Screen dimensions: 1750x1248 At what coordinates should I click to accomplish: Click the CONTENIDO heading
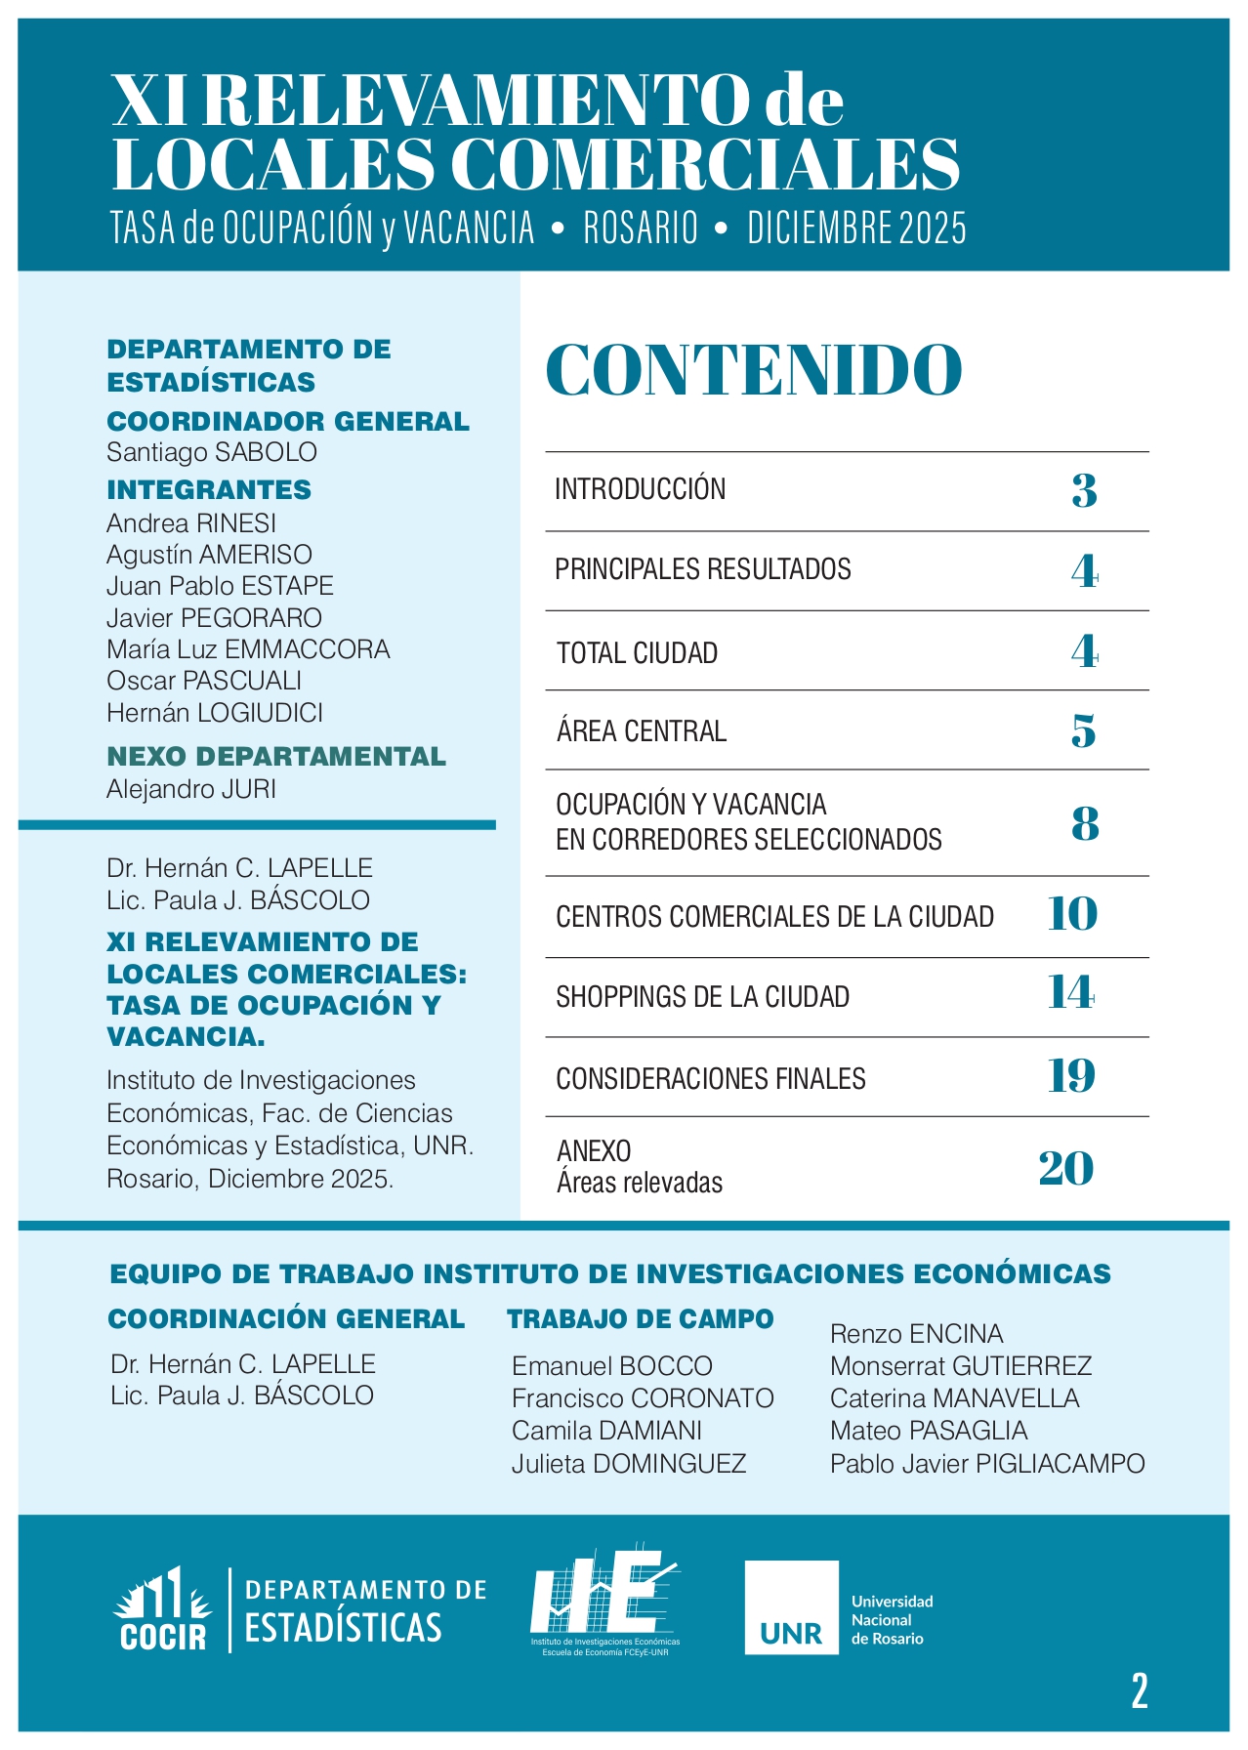coord(753,370)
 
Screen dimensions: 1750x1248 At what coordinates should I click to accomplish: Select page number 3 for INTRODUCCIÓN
coord(1084,490)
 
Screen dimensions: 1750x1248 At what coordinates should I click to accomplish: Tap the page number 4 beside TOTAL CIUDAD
coord(1084,651)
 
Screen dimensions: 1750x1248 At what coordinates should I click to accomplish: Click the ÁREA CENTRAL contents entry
coord(641,731)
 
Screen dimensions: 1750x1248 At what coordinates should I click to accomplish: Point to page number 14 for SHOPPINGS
coord(1071,994)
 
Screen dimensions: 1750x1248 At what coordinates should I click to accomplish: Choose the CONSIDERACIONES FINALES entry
coord(710,1079)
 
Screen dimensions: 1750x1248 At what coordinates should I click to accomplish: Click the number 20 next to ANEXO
coord(1065,1169)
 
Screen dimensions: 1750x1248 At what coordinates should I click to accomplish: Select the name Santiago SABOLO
coord(212,452)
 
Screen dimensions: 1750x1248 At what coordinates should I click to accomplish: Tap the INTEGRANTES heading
coord(209,490)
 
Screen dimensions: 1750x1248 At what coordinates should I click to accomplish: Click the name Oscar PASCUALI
coord(204,681)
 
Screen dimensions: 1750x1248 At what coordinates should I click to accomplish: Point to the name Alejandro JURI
coord(191,788)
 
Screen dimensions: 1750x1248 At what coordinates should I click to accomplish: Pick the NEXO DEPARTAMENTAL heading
coord(276,757)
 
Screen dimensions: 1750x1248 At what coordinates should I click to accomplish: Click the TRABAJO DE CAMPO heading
coord(640,1319)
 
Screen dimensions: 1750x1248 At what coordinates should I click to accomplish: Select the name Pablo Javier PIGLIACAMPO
coord(986,1464)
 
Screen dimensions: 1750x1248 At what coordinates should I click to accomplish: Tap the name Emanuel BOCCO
coord(612,1366)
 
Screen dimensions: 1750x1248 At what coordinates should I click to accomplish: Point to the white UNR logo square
coord(791,1607)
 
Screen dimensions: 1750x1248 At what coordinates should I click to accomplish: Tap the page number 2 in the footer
coord(1139,1690)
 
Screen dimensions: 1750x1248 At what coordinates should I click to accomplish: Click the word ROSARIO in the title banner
coord(641,229)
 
